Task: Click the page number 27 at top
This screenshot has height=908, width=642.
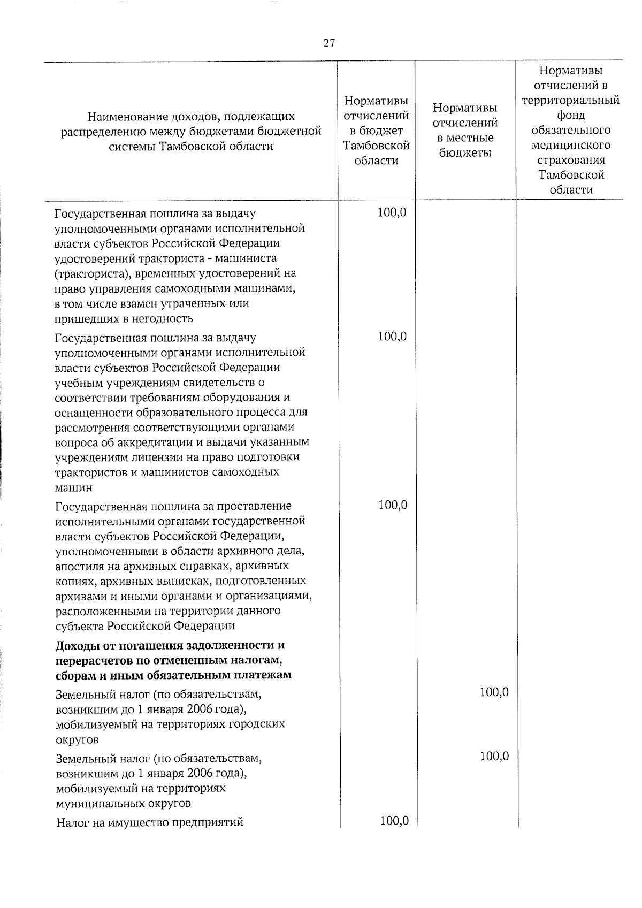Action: coord(329,43)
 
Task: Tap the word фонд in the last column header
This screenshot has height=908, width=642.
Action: coord(571,115)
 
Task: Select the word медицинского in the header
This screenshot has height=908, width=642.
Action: coord(571,145)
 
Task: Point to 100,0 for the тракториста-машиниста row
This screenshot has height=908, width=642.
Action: coord(392,212)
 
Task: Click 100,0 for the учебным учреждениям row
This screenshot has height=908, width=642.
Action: coord(392,337)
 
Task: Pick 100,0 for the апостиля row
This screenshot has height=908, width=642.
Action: coord(393,505)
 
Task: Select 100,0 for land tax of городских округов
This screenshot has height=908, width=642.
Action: coord(494,692)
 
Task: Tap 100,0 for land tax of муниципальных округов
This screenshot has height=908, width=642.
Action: coord(494,757)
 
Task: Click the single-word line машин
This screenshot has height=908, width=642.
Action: coord(73,488)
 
